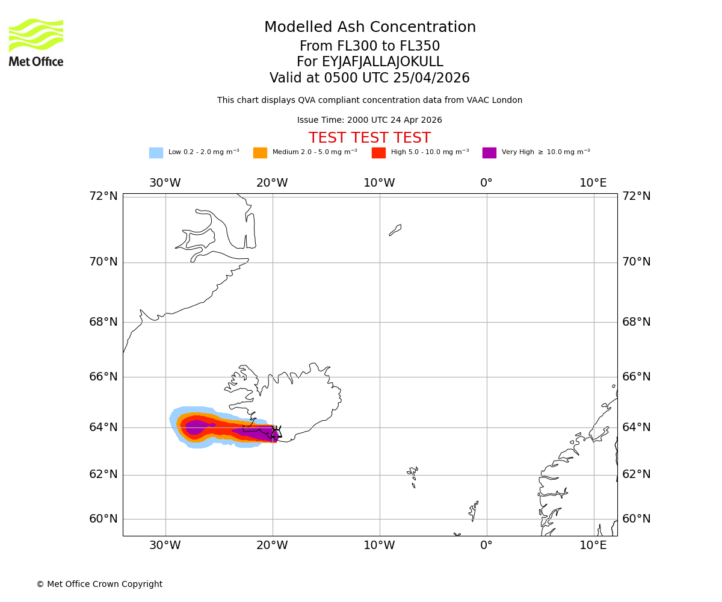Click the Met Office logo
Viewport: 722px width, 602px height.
pyautogui.click(x=36, y=42)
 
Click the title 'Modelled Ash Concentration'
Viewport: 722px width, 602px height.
pyautogui.click(x=369, y=28)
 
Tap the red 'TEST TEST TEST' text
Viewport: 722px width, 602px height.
pyautogui.click(x=369, y=138)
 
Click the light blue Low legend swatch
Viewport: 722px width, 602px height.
pyautogui.click(x=156, y=153)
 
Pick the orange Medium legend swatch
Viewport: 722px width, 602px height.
pyautogui.click(x=260, y=153)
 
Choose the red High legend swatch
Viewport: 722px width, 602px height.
pyautogui.click(x=378, y=153)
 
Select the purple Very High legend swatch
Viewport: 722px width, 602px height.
pyautogui.click(x=489, y=153)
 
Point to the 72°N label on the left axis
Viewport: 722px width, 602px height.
pyautogui.click(x=103, y=196)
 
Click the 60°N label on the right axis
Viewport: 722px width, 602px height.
pyautogui.click(x=637, y=519)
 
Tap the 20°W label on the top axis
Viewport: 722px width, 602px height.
pyautogui.click(x=272, y=183)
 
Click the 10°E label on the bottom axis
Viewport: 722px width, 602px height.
pyautogui.click(x=593, y=545)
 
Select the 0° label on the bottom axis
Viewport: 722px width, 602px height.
pyautogui.click(x=486, y=545)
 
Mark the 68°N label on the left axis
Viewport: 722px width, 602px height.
pyautogui.click(x=103, y=322)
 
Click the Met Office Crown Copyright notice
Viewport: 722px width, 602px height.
pyautogui.click(x=99, y=585)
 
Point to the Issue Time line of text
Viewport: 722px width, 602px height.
pyautogui.click(x=369, y=120)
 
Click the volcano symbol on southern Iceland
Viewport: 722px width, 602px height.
pyautogui.click(x=276, y=432)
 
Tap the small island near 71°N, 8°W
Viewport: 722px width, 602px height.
pyautogui.click(x=395, y=230)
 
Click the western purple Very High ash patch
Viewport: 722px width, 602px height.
pyautogui.click(x=197, y=427)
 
